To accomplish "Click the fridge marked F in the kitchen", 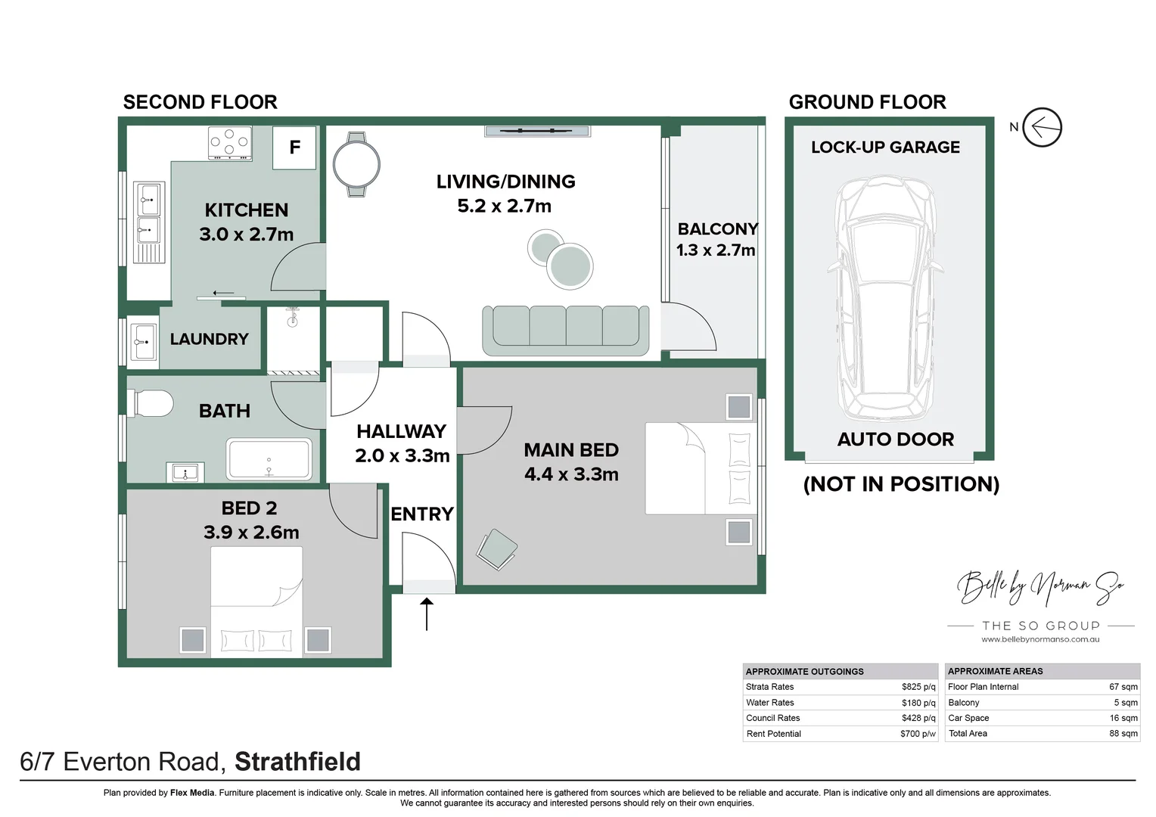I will click(294, 148).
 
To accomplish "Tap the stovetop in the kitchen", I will click(229, 143).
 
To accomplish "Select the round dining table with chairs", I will click(356, 164).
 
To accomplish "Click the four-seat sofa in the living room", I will click(566, 330).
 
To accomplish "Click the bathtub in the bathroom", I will click(269, 460).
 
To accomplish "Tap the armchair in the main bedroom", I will click(497, 548).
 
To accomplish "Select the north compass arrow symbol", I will click(1042, 127).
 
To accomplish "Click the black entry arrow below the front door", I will click(427, 614).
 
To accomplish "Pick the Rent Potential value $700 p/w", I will click(917, 734).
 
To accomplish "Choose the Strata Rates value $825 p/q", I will click(918, 687).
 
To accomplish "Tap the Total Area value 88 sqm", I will click(1123, 734).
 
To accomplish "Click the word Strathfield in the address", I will click(297, 762).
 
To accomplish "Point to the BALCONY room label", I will click(717, 229).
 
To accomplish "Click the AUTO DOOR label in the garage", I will click(895, 440).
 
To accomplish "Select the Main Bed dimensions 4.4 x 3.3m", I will click(571, 474).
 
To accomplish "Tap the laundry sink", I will click(143, 342).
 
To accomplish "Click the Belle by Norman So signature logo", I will click(1040, 586).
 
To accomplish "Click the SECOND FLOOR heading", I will click(200, 102).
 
